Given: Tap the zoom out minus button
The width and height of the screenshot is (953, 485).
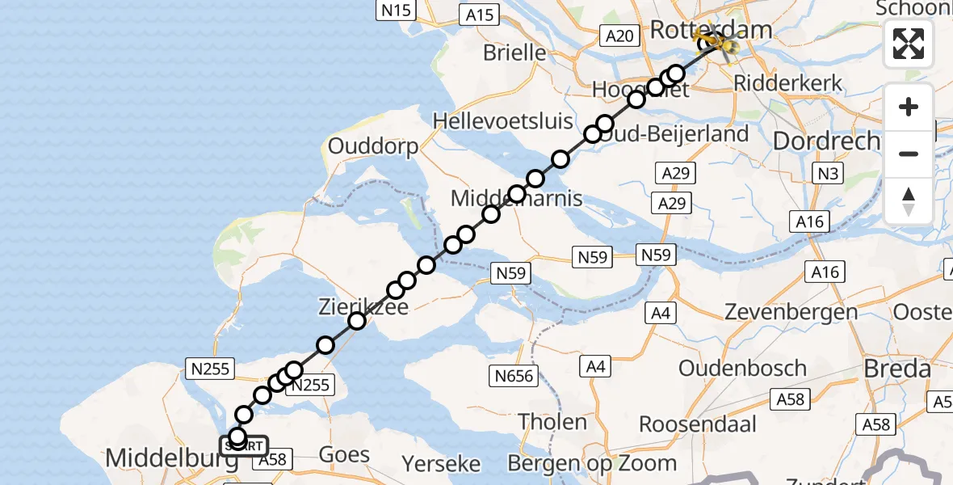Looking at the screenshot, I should click(909, 154).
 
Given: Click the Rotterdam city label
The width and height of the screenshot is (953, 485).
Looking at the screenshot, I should click(710, 31).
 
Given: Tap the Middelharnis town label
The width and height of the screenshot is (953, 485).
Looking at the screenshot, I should click(517, 198).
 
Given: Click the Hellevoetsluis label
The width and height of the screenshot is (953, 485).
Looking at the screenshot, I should click(502, 121).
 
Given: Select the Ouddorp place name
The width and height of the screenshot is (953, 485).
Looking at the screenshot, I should click(373, 147).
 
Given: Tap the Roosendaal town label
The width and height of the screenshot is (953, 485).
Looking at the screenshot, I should click(698, 424).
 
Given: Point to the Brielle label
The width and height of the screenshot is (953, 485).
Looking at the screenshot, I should click(514, 53).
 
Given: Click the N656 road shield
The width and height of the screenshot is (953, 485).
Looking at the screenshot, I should click(514, 375).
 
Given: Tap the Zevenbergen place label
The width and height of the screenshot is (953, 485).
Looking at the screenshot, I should click(779, 312).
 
